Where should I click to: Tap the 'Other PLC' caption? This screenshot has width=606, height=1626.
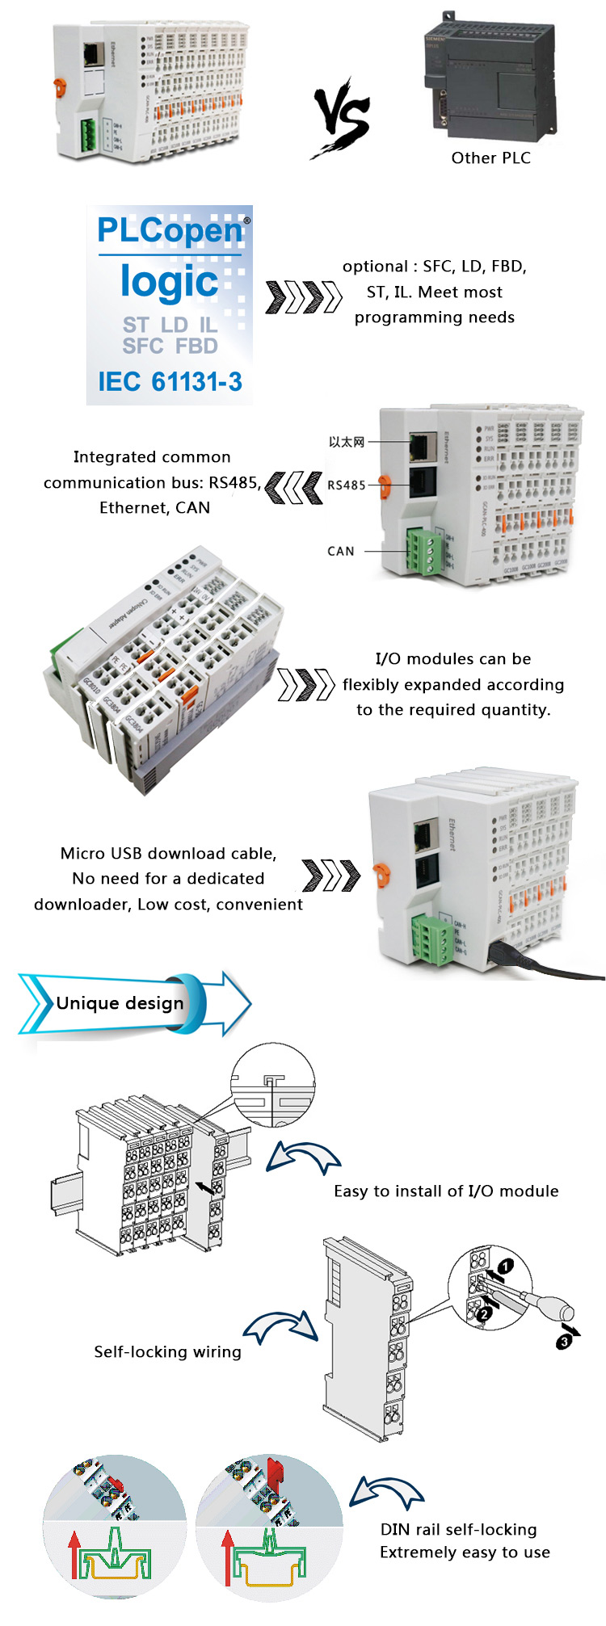click(x=490, y=158)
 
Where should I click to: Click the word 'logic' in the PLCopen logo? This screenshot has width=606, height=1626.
click(x=170, y=282)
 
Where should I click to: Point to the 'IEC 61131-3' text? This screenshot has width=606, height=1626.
click(x=170, y=381)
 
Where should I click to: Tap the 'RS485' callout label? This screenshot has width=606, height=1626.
click(x=346, y=485)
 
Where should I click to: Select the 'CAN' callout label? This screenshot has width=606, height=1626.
click(x=341, y=551)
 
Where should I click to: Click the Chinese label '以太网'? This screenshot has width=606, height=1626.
click(x=346, y=442)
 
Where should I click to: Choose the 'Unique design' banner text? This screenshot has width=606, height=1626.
click(x=120, y=1003)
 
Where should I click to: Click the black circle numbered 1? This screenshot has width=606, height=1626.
click(x=505, y=1266)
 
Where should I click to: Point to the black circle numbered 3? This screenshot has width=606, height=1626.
click(x=563, y=1342)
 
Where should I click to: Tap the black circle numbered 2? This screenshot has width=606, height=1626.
click(x=484, y=1314)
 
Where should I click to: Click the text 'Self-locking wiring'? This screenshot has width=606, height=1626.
click(x=167, y=1351)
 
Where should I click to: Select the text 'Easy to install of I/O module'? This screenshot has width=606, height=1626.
click(x=446, y=1191)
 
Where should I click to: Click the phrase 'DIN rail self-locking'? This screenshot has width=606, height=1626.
click(x=458, y=1529)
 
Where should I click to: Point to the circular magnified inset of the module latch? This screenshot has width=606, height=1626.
click(x=272, y=1084)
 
